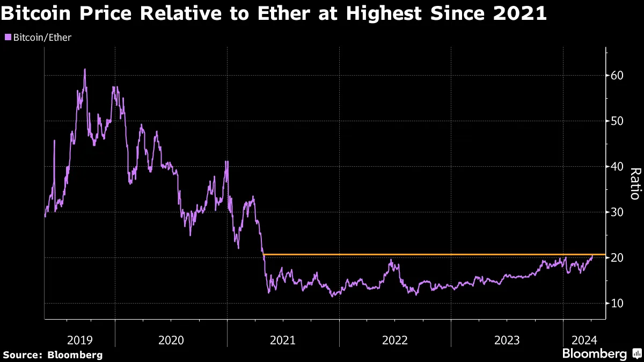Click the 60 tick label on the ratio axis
click(x=617, y=75)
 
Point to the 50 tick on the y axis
click(x=617, y=121)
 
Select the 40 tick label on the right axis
click(x=617, y=166)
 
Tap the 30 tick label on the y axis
click(x=617, y=212)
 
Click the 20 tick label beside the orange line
click(x=617, y=257)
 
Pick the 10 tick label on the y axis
click(x=617, y=303)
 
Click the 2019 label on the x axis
click(x=80, y=339)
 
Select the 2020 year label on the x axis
click(x=171, y=339)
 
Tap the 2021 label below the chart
click(x=283, y=339)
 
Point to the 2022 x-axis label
click(x=395, y=339)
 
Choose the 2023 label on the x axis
click(x=507, y=339)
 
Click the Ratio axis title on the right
click(x=634, y=183)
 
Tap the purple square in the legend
click(x=8, y=38)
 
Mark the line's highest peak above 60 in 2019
click(x=85, y=69)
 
